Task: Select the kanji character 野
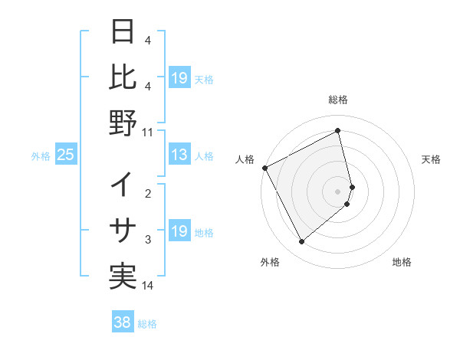click(x=123, y=122)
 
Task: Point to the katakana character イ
click(x=123, y=185)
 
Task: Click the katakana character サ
click(x=123, y=230)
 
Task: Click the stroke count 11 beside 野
click(x=148, y=132)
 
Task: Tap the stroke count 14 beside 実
click(x=148, y=286)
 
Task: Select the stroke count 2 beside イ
click(x=148, y=194)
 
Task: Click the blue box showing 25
click(x=66, y=155)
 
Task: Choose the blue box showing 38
click(x=122, y=322)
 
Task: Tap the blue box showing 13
click(x=179, y=155)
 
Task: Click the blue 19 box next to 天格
click(x=179, y=78)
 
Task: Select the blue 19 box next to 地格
click(x=179, y=231)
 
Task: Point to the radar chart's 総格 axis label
click(x=338, y=100)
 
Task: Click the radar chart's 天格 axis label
click(x=432, y=159)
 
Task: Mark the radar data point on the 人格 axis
click(x=264, y=168)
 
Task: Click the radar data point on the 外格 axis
click(x=301, y=242)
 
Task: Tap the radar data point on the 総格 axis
click(x=338, y=130)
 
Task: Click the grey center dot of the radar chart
click(x=338, y=191)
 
